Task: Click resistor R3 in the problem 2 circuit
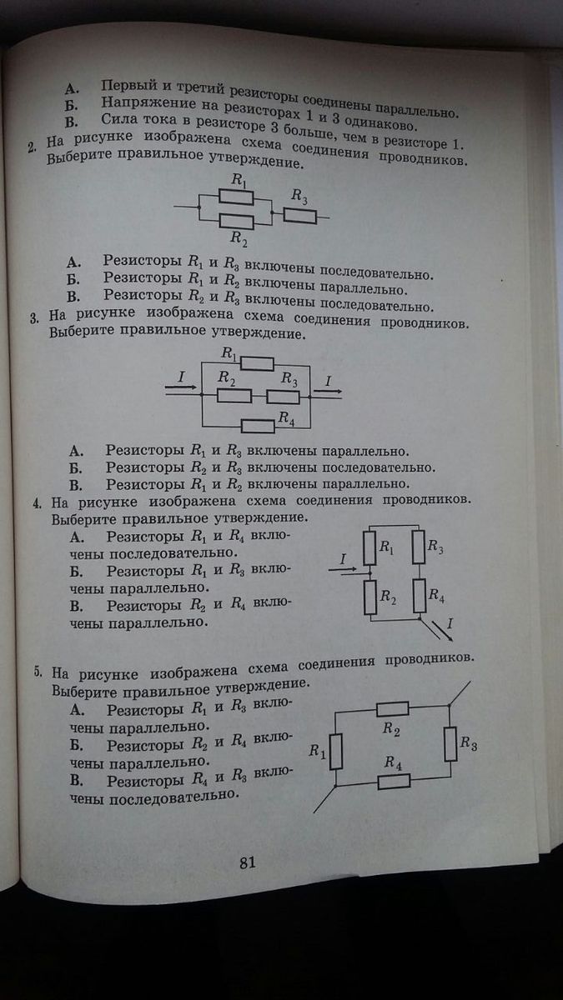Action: click(299, 217)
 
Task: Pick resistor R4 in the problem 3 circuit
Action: click(258, 426)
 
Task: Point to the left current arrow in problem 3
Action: click(181, 389)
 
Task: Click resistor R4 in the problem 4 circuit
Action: click(418, 597)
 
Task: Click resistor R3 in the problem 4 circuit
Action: click(418, 546)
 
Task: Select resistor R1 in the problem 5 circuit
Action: click(335, 750)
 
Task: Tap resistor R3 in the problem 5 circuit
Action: click(450, 743)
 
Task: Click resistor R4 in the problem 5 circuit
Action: click(395, 781)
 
